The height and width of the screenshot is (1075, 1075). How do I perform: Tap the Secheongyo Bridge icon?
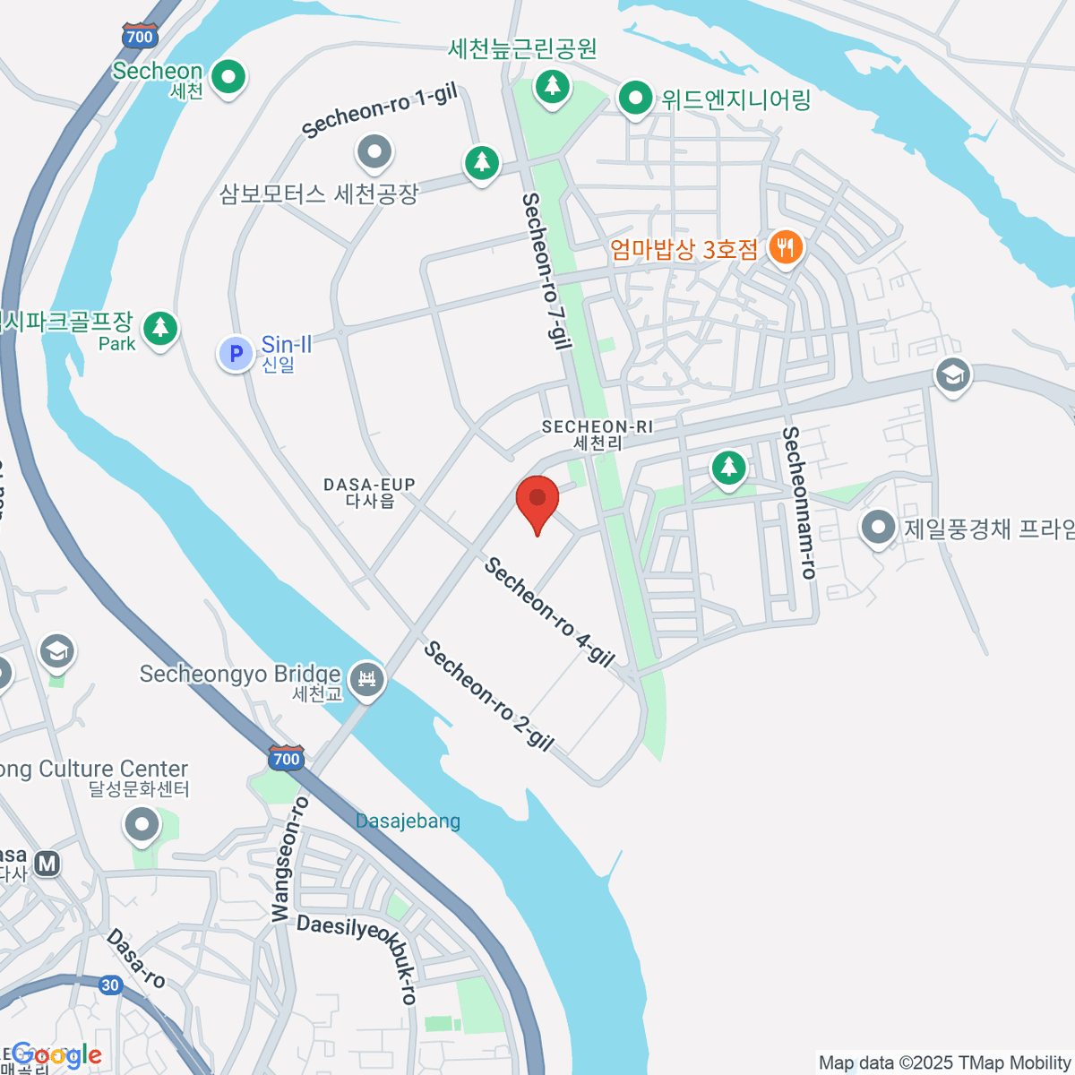[x=366, y=680]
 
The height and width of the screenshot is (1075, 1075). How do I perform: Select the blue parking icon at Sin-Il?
[x=236, y=354]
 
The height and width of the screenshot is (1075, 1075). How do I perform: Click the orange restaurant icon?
[x=786, y=246]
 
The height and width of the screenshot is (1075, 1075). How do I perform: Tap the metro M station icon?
[x=47, y=864]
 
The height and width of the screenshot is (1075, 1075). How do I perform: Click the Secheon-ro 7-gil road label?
[x=546, y=270]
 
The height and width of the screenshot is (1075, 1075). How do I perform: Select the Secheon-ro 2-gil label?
[x=488, y=695]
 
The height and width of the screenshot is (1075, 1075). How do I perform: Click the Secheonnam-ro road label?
[x=799, y=503]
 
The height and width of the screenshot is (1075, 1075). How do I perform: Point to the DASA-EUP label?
[x=369, y=492]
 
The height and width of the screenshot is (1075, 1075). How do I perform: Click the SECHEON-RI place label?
[x=598, y=434]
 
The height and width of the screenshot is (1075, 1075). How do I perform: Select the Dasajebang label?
[x=408, y=821]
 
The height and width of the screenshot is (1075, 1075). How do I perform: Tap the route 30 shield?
[x=109, y=985]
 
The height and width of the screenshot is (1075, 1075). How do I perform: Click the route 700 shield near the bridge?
[x=286, y=758]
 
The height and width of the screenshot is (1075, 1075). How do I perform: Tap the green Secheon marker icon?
[x=229, y=77]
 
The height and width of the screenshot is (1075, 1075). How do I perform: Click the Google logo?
[x=56, y=1055]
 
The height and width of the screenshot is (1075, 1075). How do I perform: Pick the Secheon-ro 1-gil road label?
[x=380, y=112]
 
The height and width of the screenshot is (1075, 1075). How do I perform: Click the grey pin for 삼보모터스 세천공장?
[x=374, y=152]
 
